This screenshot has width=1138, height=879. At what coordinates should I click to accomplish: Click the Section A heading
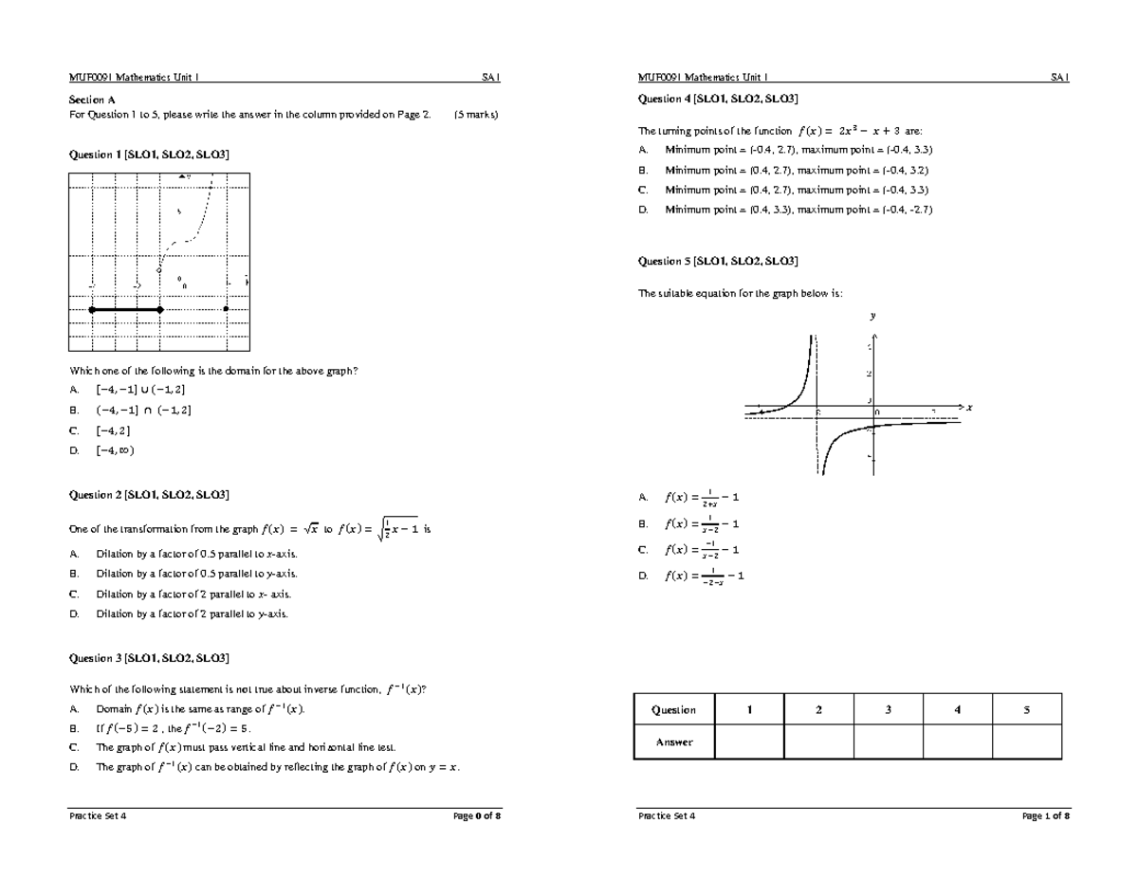pos(92,99)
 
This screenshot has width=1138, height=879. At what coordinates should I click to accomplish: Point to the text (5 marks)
pos(476,115)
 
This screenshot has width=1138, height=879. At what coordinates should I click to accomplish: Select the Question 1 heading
pos(149,154)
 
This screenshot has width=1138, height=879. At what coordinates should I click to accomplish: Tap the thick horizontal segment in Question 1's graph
pos(125,309)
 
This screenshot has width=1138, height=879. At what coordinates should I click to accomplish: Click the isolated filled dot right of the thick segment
pos(226,309)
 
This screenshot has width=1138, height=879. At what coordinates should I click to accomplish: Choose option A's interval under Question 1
pos(140,390)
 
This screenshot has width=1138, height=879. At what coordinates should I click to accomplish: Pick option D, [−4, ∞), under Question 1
pos(115,450)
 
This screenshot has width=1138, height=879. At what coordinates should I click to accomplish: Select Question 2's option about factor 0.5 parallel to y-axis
pos(195,574)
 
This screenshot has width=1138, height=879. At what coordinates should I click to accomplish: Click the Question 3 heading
pos(149,657)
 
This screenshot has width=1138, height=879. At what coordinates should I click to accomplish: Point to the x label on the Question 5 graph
pos(970,408)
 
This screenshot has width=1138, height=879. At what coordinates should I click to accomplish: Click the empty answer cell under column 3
pos(888,742)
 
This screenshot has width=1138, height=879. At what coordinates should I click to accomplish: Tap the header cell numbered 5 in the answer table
pos(1026,709)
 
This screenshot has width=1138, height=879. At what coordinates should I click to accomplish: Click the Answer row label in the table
pos(673,742)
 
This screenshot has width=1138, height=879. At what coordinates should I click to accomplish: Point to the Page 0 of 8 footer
pos(476,815)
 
